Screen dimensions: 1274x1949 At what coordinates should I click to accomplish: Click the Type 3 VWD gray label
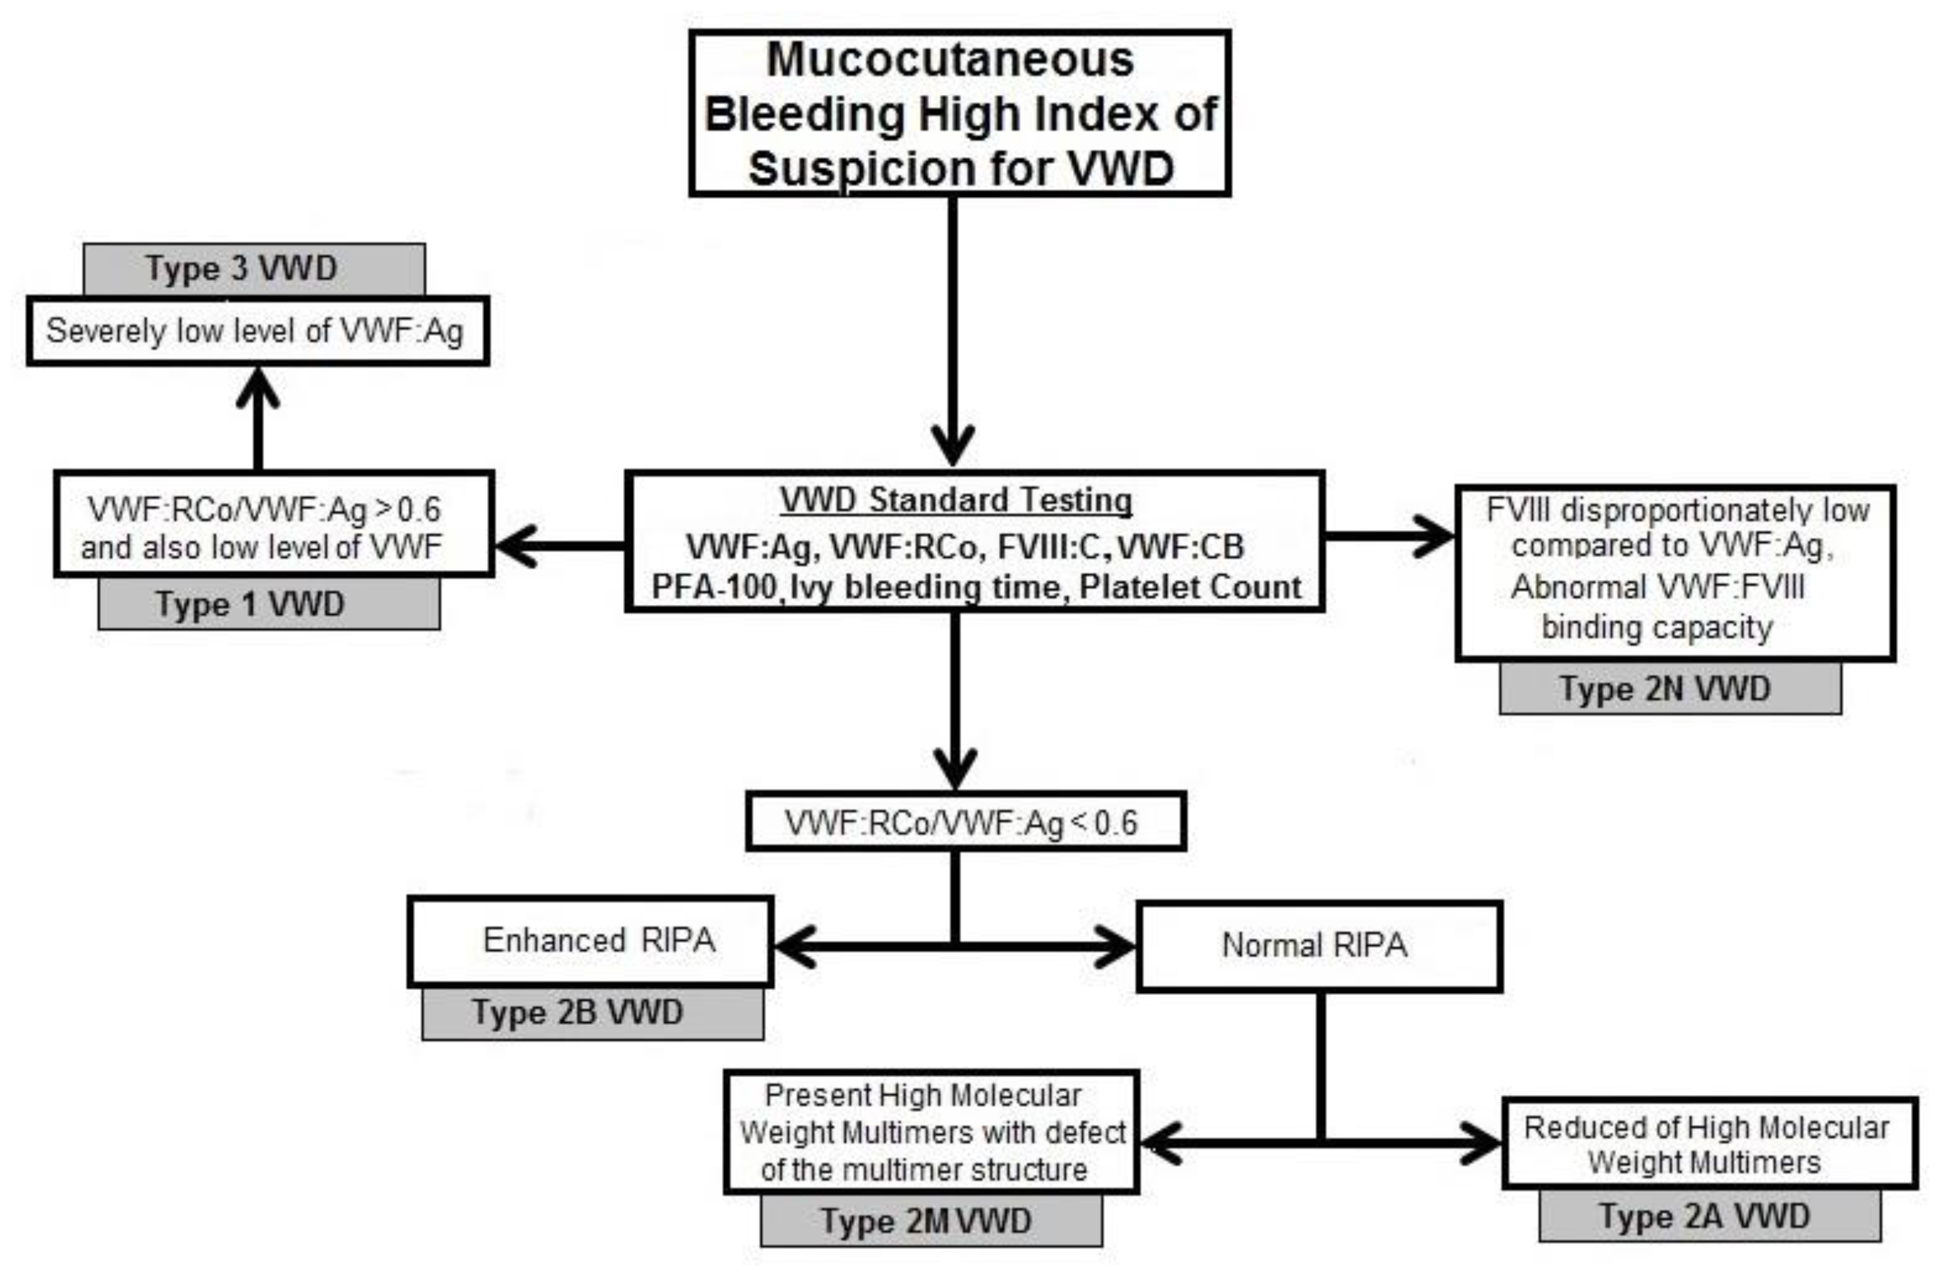[x=254, y=269]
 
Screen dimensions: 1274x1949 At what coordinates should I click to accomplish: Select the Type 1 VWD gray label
[x=269, y=604]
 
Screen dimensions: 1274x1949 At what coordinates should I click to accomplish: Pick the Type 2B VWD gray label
[x=592, y=1014]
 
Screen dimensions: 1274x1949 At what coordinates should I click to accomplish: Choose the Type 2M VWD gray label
[x=930, y=1221]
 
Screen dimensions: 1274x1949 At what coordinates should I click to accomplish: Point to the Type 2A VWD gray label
[x=1708, y=1216]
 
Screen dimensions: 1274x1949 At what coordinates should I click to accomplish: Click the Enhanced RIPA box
[x=589, y=941]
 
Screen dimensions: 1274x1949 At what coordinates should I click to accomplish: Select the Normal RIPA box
[x=1318, y=946]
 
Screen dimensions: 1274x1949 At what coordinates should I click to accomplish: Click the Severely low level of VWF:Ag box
[x=257, y=331]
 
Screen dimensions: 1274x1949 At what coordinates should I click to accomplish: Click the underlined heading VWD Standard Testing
[x=956, y=500]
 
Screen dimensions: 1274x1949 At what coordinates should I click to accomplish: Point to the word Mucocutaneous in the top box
[x=950, y=60]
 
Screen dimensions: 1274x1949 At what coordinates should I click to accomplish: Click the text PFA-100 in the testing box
[x=712, y=587]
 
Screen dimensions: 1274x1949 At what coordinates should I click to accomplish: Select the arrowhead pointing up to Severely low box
[x=258, y=386]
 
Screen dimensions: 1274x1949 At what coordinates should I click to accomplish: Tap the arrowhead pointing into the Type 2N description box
[x=1436, y=536]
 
